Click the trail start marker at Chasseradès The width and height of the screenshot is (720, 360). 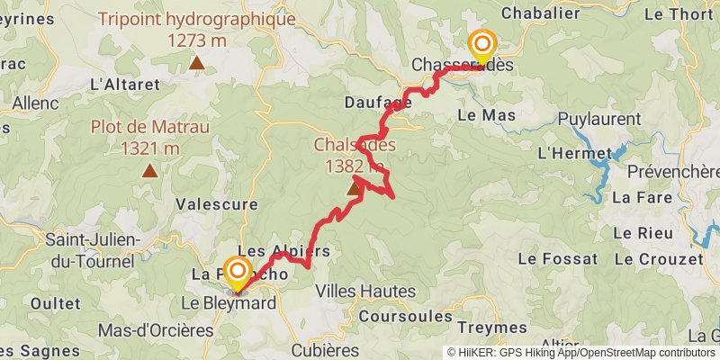coord(482,44)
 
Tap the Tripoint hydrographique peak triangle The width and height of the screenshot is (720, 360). coord(197,63)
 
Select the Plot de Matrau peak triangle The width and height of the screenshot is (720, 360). coord(149,168)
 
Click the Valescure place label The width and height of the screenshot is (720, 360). coord(217,204)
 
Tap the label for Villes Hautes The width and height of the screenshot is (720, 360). coord(365,292)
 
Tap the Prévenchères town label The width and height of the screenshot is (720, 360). coord(673,171)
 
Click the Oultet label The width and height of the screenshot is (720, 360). coord(55,303)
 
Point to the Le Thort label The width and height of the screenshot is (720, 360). coord(678,13)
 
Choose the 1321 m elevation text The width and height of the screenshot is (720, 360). coord(149,148)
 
